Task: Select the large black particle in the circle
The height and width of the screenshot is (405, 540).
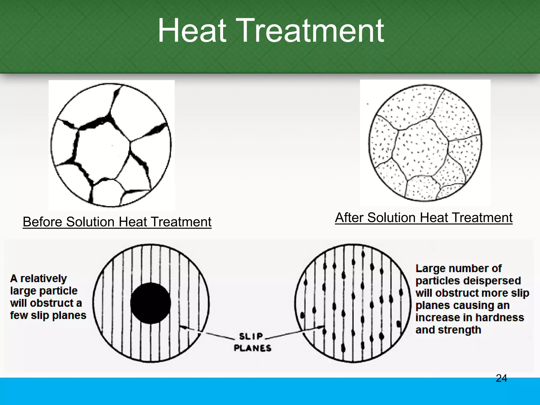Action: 151,303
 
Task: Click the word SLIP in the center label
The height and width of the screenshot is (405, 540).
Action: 251,336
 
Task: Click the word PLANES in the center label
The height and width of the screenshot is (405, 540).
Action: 253,348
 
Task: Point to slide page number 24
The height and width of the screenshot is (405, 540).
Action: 501,378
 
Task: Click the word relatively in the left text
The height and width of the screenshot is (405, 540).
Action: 44,279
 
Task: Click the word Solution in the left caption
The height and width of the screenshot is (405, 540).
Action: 90,222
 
